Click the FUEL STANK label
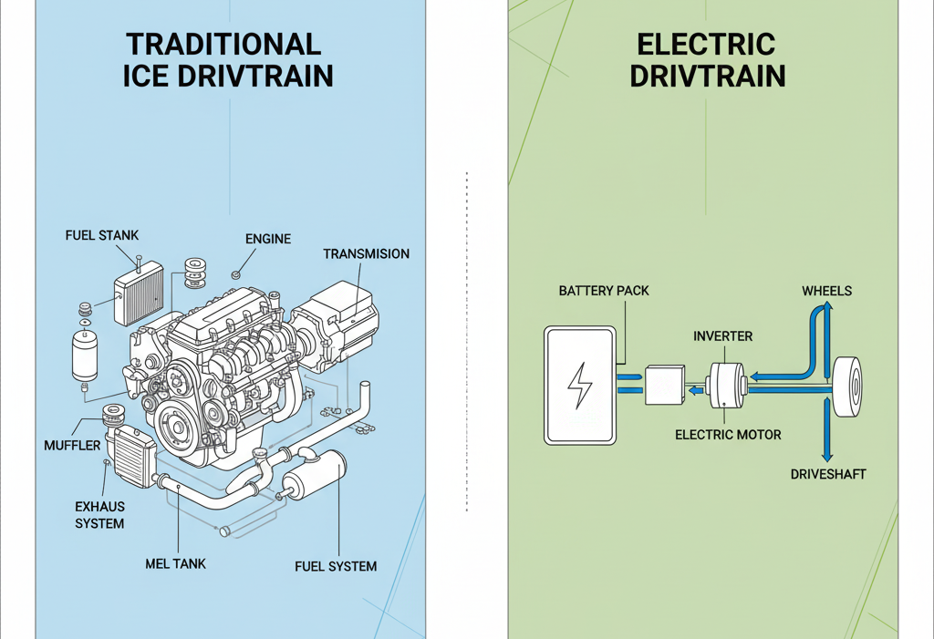click(x=102, y=235)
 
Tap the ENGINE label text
click(x=268, y=239)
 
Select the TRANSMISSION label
click(x=366, y=253)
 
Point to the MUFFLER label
click(x=72, y=446)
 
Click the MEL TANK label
click(x=175, y=563)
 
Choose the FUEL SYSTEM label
click(x=336, y=566)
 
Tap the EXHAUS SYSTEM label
click(x=99, y=515)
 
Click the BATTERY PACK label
click(x=603, y=291)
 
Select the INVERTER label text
click(x=722, y=336)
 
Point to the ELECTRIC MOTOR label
click(x=728, y=435)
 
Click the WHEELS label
click(x=826, y=291)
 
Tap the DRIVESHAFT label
click(x=828, y=474)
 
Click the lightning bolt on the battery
click(x=579, y=386)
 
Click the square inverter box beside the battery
click(x=663, y=386)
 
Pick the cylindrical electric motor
click(x=727, y=386)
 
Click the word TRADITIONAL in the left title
click(x=223, y=45)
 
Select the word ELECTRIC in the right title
click(x=706, y=45)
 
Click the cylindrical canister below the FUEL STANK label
click(x=84, y=356)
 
